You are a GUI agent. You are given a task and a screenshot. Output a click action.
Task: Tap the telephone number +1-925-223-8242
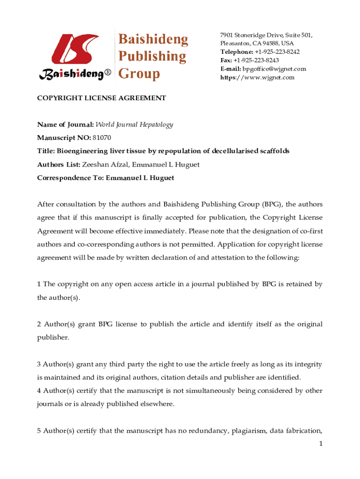277,52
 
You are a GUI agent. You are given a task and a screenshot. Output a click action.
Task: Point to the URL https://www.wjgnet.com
257,77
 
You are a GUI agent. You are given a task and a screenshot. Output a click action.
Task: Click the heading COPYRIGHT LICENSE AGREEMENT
101,98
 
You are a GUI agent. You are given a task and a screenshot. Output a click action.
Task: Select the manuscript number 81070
102,138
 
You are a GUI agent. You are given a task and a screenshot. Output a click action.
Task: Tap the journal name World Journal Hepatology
134,124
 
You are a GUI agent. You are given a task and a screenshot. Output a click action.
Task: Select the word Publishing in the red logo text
151,57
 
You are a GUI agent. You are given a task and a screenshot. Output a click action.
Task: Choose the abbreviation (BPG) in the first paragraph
272,204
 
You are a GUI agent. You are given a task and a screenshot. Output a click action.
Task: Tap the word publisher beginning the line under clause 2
53,337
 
